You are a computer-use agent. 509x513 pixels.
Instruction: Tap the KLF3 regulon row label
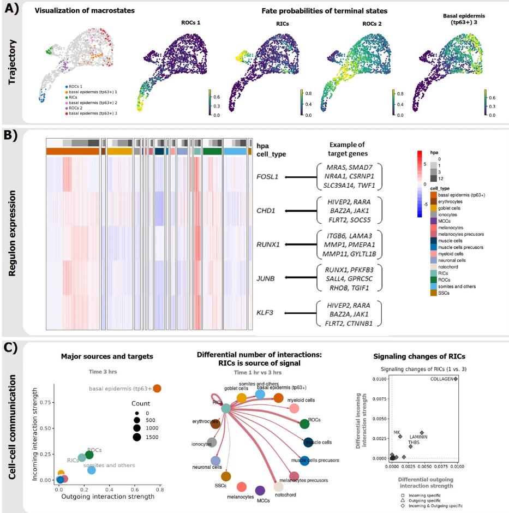click(x=267, y=314)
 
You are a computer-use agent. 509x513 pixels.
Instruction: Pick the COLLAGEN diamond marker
click(x=456, y=378)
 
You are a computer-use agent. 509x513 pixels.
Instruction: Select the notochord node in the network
click(x=279, y=486)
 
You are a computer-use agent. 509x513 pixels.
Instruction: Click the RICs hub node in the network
click(x=225, y=408)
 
